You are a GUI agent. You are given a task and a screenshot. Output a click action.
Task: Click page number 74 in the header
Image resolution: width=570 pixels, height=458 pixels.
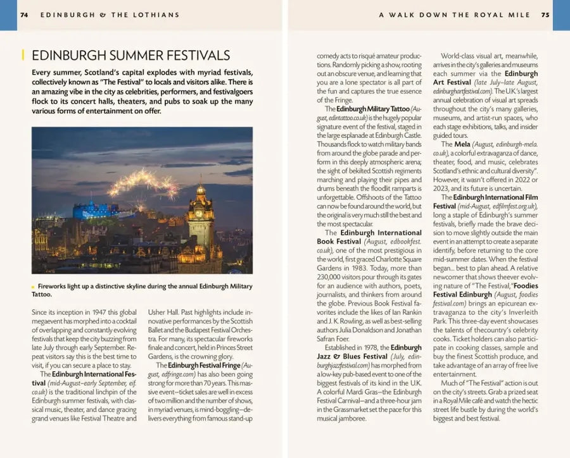(24, 15)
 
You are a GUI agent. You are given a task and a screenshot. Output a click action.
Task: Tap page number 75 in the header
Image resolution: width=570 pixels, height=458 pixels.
(545, 15)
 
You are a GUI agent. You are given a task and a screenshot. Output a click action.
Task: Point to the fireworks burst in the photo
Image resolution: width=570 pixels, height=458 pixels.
(142, 183)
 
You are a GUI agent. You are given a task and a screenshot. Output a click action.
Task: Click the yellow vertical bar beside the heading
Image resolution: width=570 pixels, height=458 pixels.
(23, 56)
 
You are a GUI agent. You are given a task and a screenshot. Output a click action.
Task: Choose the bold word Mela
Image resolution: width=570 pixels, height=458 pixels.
(462, 144)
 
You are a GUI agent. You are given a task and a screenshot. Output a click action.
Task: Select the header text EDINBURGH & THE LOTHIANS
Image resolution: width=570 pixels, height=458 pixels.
(110, 15)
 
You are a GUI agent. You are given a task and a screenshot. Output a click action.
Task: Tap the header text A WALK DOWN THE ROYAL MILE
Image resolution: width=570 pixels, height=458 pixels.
(455, 15)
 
